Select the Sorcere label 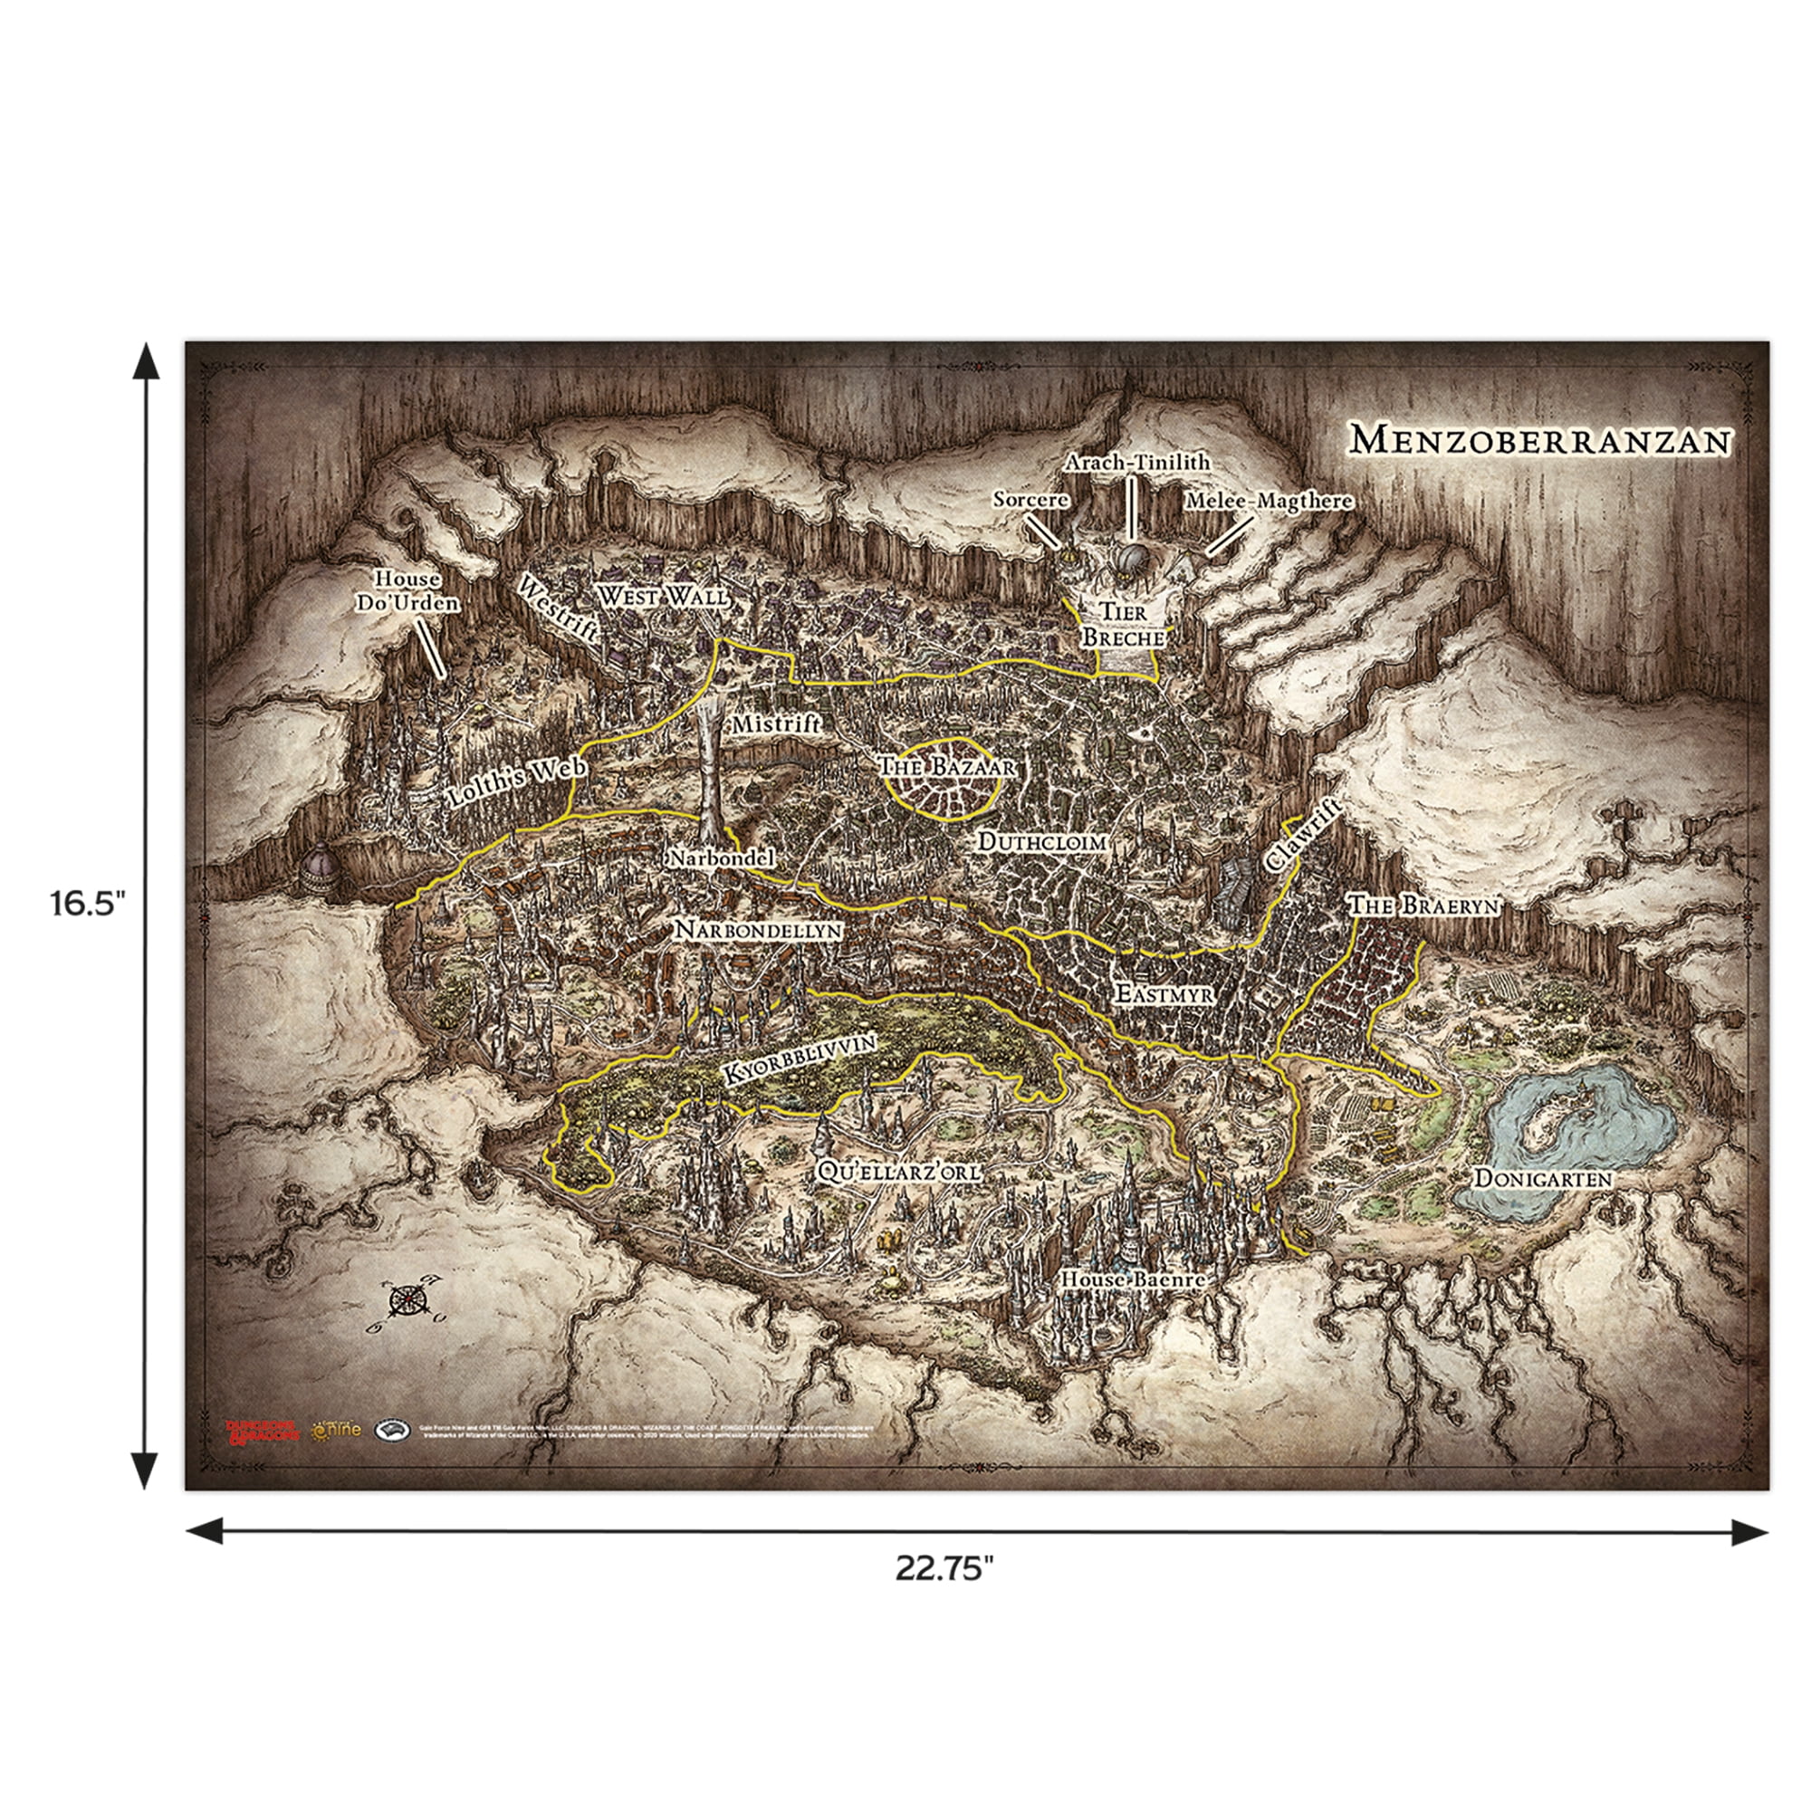[1030, 501]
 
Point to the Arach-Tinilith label [1137, 463]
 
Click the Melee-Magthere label [1269, 502]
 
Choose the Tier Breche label [1123, 625]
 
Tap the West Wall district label [662, 596]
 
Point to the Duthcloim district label [1042, 842]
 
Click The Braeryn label [1423, 905]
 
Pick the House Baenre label [1131, 1279]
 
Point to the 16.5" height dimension [86, 906]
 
